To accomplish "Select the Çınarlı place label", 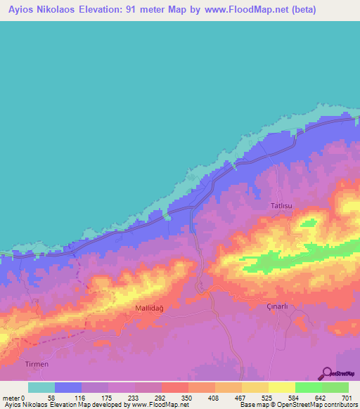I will (x=278, y=306).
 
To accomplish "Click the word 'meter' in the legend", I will (x=12, y=398).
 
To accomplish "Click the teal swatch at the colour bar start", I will (x=41, y=387).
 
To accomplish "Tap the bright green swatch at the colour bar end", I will (x=335, y=387).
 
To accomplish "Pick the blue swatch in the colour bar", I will (x=68, y=387).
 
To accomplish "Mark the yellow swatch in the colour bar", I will (x=281, y=387).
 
